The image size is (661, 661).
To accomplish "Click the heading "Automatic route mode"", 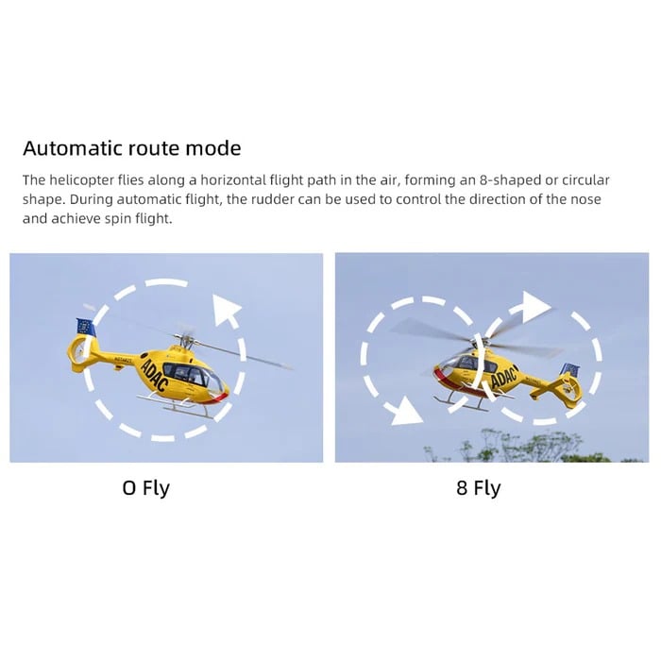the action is pos(132,148).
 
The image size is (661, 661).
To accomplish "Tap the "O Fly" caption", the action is pos(145,488).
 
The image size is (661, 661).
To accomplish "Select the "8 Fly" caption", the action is pos(479,488).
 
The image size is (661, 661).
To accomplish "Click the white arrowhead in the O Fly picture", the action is pos(225,310).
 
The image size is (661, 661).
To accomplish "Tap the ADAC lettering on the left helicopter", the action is pos(154,375).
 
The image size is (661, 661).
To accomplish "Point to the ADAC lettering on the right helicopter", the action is pos(504,376).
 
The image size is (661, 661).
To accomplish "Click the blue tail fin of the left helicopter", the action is pos(86,327).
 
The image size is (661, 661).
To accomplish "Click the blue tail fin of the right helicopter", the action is pos(570,370).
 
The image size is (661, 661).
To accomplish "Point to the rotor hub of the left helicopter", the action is pos(185,338).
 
